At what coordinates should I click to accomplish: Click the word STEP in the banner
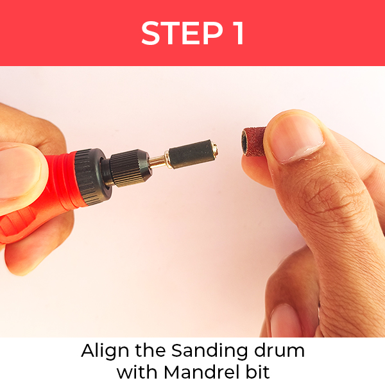click(182, 33)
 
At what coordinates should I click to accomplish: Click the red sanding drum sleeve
click(254, 141)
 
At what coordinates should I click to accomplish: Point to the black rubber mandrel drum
click(191, 154)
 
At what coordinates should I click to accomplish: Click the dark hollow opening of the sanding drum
click(244, 143)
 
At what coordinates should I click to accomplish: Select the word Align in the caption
click(105, 350)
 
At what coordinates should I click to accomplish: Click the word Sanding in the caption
click(210, 350)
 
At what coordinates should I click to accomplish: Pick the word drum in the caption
click(279, 350)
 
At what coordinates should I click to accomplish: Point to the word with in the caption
click(137, 372)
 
